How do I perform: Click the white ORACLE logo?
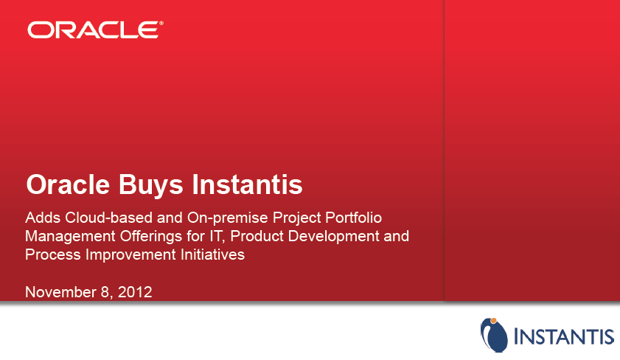(x=94, y=30)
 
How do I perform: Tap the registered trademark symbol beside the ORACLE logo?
(x=161, y=24)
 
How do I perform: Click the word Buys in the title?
(x=150, y=185)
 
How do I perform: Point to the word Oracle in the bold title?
(x=68, y=184)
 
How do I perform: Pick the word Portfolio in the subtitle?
(x=353, y=218)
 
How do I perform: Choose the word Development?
(x=334, y=236)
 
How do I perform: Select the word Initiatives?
(x=213, y=255)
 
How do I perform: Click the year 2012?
(x=135, y=292)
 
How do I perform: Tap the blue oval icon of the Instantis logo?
(x=494, y=335)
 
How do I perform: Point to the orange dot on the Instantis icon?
(x=493, y=320)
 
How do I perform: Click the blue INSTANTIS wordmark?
(x=564, y=336)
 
